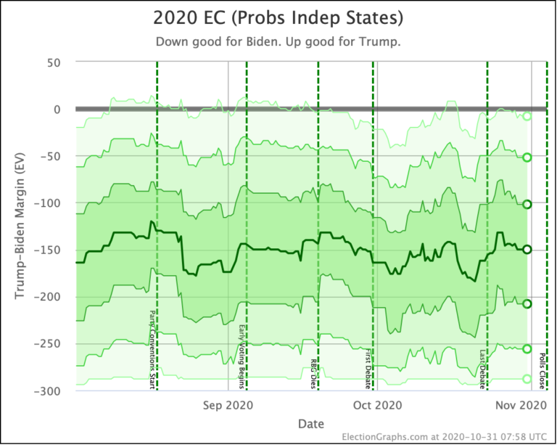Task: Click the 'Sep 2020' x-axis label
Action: point(229,405)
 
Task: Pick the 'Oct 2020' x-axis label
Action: point(377,405)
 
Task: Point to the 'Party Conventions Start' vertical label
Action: point(152,349)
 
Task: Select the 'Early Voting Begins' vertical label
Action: point(242,356)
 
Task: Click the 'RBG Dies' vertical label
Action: point(313,373)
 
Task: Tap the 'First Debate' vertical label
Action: point(368,368)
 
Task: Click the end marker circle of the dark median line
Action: point(527,249)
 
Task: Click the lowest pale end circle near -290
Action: point(527,379)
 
